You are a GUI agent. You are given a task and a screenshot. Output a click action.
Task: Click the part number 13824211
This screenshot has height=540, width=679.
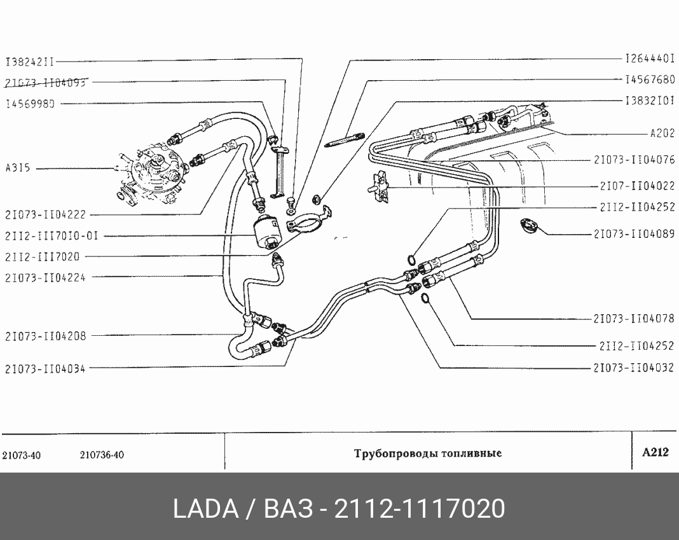pyautogui.click(x=30, y=62)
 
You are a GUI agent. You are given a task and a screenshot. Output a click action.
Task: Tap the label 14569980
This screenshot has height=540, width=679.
pyautogui.click(x=30, y=104)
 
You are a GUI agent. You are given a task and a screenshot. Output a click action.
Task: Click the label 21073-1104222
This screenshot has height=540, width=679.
pyautogui.click(x=45, y=215)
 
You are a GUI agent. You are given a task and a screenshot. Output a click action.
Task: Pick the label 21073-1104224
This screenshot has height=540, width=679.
pyautogui.click(x=45, y=277)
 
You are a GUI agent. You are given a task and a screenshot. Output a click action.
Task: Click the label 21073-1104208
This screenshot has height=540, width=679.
pyautogui.click(x=45, y=335)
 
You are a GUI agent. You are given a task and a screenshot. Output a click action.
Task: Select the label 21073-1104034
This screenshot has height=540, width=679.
pyautogui.click(x=45, y=368)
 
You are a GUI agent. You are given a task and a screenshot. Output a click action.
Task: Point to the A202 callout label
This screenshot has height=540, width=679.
pyautogui.click(x=662, y=134)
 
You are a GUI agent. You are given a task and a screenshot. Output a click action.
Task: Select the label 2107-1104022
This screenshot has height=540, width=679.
pyautogui.click(x=636, y=186)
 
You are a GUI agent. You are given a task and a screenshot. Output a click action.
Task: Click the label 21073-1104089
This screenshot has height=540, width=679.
pyautogui.click(x=634, y=234)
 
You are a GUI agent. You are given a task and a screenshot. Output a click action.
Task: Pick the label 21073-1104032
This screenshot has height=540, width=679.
pyautogui.click(x=634, y=368)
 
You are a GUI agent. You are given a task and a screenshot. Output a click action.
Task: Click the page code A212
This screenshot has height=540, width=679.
pyautogui.click(x=655, y=453)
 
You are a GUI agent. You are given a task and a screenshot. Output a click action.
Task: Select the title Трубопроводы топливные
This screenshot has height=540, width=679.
pyautogui.click(x=427, y=453)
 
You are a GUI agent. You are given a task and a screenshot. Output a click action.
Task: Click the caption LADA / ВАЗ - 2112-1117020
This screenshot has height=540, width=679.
pyautogui.click(x=340, y=509)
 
